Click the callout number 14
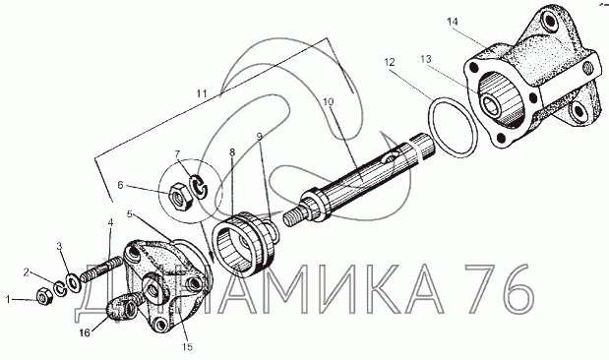(x=453, y=22)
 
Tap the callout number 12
(x=390, y=62)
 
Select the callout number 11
(x=202, y=93)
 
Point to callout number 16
(x=85, y=332)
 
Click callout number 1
(x=8, y=299)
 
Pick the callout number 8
(x=232, y=151)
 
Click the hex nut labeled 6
(x=179, y=195)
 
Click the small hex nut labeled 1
(x=44, y=296)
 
